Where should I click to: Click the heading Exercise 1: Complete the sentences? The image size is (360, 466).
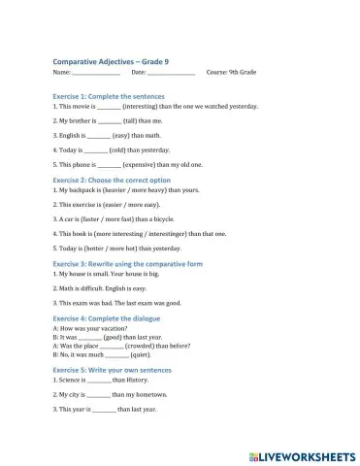[108, 97]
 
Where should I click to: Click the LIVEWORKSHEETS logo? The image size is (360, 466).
[302, 455]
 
